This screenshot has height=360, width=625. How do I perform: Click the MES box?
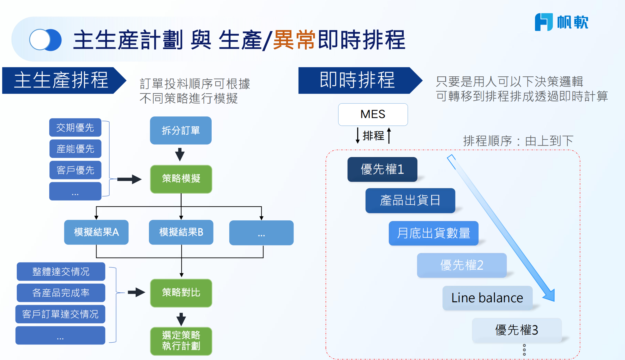(373, 115)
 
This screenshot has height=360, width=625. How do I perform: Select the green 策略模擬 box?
(181, 179)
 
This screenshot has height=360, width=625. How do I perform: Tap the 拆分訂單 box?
(181, 130)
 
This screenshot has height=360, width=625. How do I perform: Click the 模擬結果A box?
(96, 232)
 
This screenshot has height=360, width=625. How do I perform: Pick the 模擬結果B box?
(181, 232)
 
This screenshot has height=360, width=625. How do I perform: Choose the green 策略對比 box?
(181, 293)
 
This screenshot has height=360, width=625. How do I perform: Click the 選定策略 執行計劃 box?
(181, 341)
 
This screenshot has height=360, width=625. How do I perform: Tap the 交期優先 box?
(75, 128)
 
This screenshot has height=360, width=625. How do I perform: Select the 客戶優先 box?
(75, 170)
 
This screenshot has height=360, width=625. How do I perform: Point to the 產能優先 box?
(75, 149)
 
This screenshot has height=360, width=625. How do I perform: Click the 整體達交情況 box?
(61, 272)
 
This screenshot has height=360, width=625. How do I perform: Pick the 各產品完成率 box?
(61, 293)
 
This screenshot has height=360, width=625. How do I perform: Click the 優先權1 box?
(382, 169)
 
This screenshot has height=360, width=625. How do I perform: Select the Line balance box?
(487, 298)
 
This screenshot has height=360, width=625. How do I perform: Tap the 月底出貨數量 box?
(433, 233)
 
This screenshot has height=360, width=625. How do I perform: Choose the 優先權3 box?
(516, 330)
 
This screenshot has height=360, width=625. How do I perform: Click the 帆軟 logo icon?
(543, 22)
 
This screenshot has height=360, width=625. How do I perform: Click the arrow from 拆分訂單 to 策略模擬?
(180, 154)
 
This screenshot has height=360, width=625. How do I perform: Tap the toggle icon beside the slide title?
(45, 40)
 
